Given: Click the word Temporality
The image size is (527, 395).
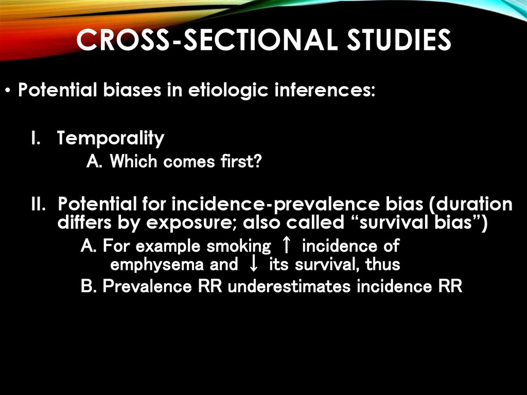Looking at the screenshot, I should [111, 138].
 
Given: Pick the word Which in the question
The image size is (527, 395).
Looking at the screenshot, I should [134, 162].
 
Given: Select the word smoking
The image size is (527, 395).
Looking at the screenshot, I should [238, 246].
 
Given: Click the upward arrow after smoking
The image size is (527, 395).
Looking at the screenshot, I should [287, 246].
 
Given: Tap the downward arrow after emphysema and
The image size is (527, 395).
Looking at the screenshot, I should [253, 265].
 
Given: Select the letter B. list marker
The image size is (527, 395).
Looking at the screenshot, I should [89, 286].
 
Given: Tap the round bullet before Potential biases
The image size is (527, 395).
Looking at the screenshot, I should [9, 92].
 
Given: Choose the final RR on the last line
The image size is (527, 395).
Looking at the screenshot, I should [450, 286].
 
